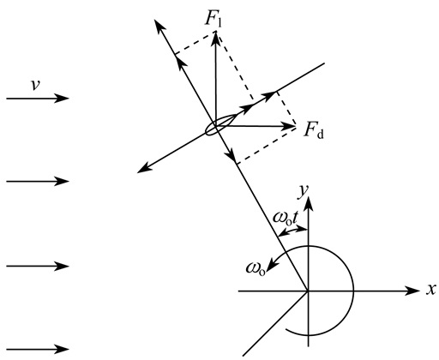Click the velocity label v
[x=35, y=85]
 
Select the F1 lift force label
[x=213, y=20]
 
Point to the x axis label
[x=431, y=290]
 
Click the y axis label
[x=304, y=191]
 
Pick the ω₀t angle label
[x=286, y=218]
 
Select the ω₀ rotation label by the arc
[x=256, y=268]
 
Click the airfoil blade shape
[x=221, y=124]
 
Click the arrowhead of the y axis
[x=308, y=204]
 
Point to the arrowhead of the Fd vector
[x=288, y=126]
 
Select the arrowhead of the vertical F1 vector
[x=216, y=39]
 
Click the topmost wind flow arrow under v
[x=38, y=99]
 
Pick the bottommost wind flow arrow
[x=38, y=349]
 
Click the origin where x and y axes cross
[x=308, y=291]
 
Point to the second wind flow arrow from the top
[x=38, y=181]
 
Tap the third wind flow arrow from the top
[x=38, y=266]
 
